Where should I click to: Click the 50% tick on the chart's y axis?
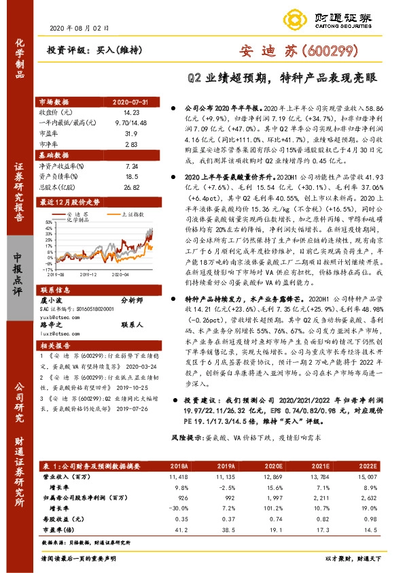[44, 222]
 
